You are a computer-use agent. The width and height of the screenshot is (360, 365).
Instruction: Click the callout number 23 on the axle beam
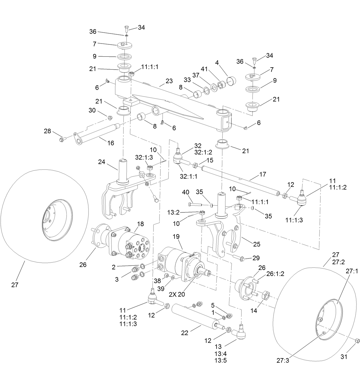[x=169, y=81]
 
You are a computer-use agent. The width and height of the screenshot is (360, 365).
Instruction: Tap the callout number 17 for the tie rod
[x=262, y=174]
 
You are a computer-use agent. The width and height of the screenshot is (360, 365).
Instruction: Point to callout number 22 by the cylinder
[x=185, y=333]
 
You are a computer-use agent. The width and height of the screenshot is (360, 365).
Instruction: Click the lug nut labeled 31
[x=357, y=340]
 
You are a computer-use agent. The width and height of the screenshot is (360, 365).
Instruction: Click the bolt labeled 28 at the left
[x=62, y=139]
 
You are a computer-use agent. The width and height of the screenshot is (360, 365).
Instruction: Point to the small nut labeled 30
[x=109, y=117]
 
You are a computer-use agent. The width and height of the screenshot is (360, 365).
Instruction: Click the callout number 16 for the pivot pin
[x=110, y=143]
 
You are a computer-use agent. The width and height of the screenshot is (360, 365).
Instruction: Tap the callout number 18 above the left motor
[x=140, y=224]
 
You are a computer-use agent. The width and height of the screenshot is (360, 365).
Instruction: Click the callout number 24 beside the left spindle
[x=102, y=162]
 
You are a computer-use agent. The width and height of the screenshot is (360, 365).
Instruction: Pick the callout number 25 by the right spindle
[x=256, y=244]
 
